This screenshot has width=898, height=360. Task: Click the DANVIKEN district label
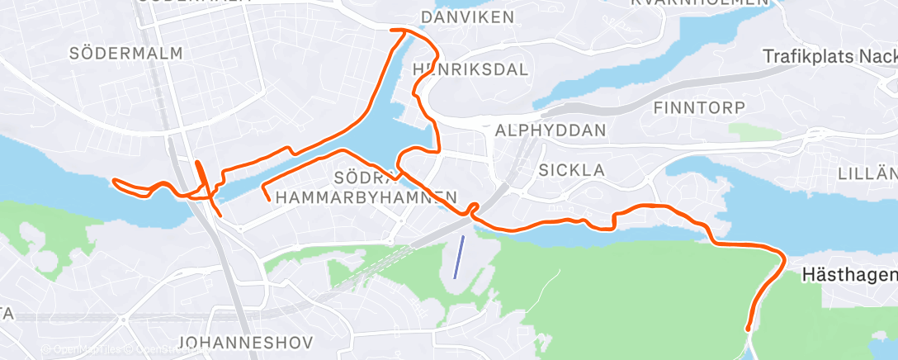click(x=466, y=17)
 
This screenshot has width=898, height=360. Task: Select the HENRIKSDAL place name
click(x=470, y=69)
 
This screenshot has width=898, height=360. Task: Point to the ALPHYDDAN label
click(x=551, y=130)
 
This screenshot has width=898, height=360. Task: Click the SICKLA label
click(x=571, y=170)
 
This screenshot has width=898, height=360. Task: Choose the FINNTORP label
click(x=699, y=107)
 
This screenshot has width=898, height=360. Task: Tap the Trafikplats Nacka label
click(x=829, y=56)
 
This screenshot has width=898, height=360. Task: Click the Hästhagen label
click(x=849, y=277)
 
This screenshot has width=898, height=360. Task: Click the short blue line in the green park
click(x=458, y=256)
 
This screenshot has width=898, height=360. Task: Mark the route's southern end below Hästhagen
click(x=749, y=329)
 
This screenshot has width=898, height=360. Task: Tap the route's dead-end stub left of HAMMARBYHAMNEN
click(x=268, y=198)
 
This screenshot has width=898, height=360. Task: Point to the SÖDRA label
click(x=358, y=178)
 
